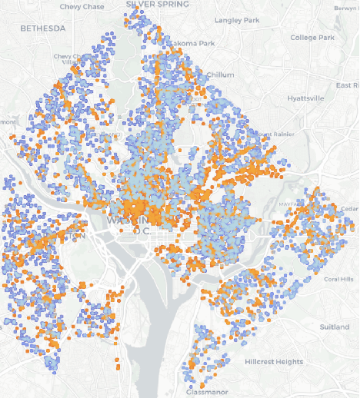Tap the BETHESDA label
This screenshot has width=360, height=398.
click(x=43, y=28)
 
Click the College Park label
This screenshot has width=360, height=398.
click(x=312, y=37)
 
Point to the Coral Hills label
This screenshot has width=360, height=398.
click(x=340, y=279)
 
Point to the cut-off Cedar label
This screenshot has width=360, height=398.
click(x=349, y=208)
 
